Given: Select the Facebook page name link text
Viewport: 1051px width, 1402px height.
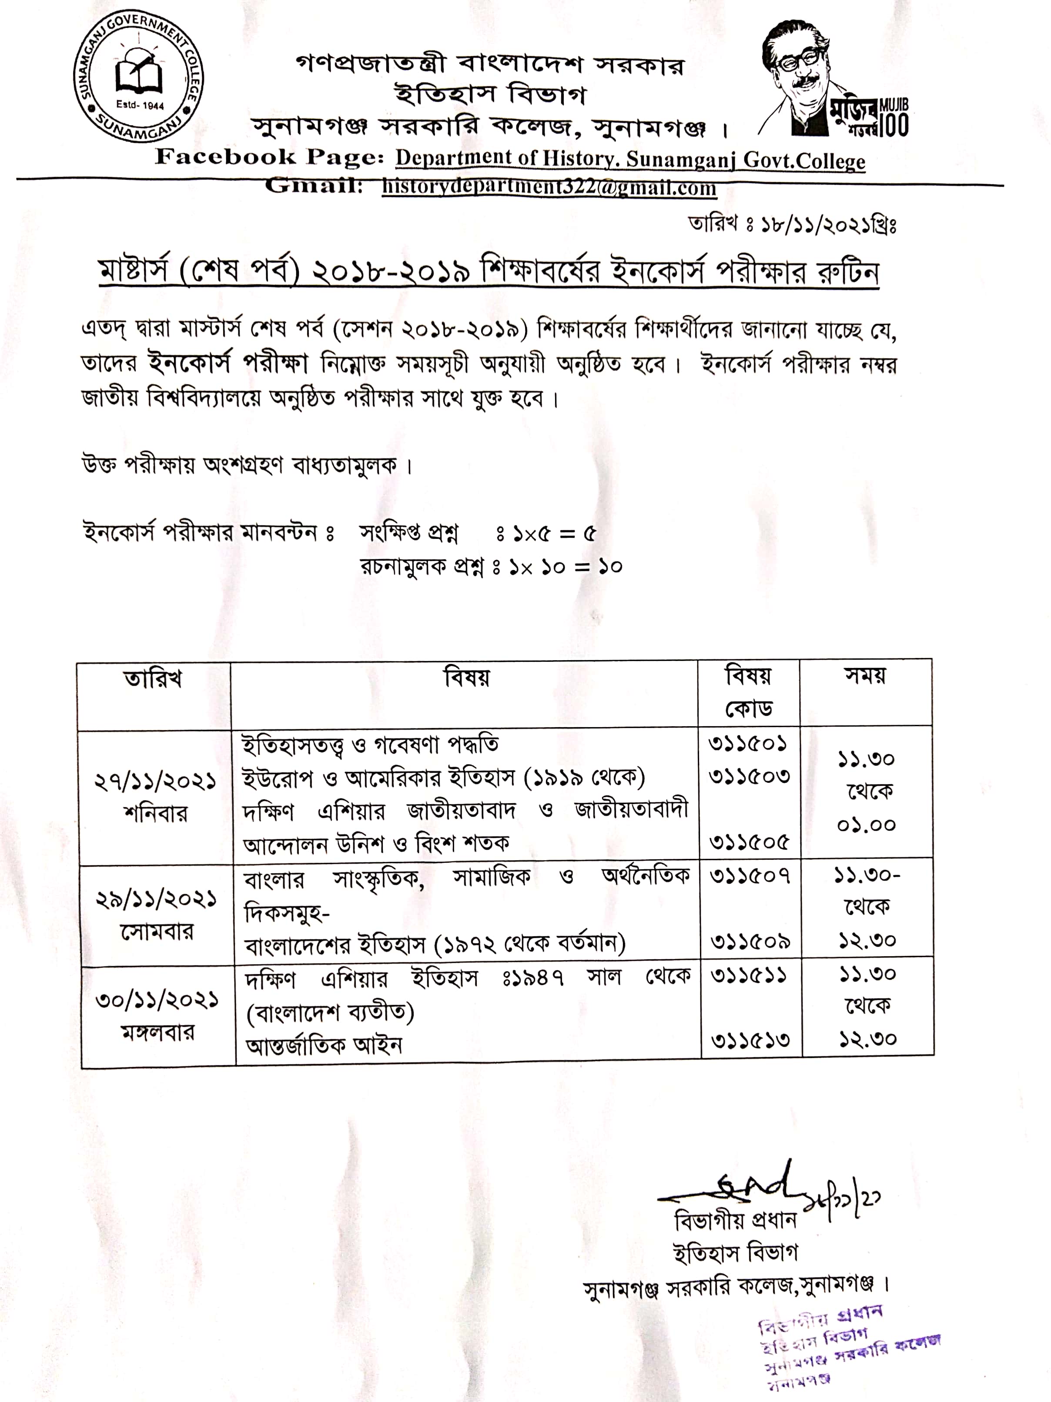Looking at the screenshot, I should (630, 159).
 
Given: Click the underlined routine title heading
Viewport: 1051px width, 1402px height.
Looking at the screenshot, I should (489, 273).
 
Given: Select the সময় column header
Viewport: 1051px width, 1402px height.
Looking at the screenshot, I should (865, 676).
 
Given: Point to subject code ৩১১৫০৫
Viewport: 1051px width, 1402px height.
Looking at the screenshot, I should (749, 842).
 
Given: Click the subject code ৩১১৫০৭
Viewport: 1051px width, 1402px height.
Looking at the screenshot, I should (749, 877).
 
